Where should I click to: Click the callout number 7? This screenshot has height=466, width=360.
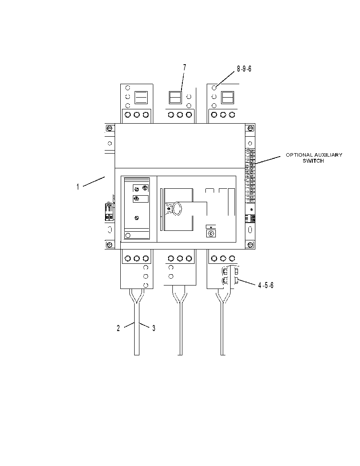click(x=185, y=68)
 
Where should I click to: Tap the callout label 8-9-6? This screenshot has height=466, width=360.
click(x=244, y=69)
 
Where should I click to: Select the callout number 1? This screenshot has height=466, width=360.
click(x=78, y=187)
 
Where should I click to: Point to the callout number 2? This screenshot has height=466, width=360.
click(x=118, y=328)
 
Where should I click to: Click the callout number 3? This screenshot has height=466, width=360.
click(x=154, y=328)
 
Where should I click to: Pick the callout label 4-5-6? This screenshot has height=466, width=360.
click(x=266, y=286)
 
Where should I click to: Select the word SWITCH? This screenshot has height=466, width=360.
click(x=313, y=161)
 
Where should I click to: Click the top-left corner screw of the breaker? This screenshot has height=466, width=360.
click(x=109, y=128)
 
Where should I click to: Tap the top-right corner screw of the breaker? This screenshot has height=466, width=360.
click(x=251, y=128)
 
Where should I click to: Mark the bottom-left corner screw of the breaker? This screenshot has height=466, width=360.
click(x=109, y=245)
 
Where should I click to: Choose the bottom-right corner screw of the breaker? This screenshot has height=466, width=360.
click(x=251, y=245)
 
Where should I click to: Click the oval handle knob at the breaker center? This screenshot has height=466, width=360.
click(x=177, y=208)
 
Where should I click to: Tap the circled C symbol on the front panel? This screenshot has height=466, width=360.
click(x=211, y=233)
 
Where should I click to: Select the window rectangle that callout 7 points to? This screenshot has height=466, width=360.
click(x=175, y=98)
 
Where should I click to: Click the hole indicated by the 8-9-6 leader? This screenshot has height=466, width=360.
click(x=214, y=88)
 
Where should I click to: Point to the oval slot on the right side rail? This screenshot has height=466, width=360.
click(x=250, y=230)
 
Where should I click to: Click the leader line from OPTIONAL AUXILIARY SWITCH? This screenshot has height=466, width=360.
click(x=267, y=160)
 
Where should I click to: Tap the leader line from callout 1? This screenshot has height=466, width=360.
click(x=94, y=182)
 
